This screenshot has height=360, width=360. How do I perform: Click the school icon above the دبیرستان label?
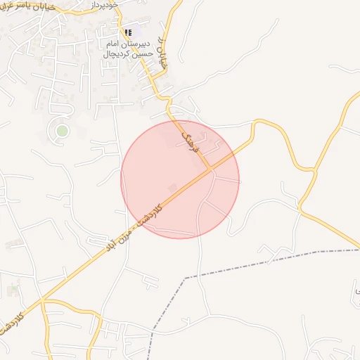coord(127,32)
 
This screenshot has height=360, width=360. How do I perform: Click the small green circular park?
coord(62,130)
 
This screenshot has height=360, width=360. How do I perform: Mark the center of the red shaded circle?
coord(180,179)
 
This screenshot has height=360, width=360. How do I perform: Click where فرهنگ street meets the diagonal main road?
coord(211,169)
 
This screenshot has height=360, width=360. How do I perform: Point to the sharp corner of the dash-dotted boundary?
coord(185,278)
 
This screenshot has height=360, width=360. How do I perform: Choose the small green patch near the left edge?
coord(13,290)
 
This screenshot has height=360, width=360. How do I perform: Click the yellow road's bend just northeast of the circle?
coord(264,121)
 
